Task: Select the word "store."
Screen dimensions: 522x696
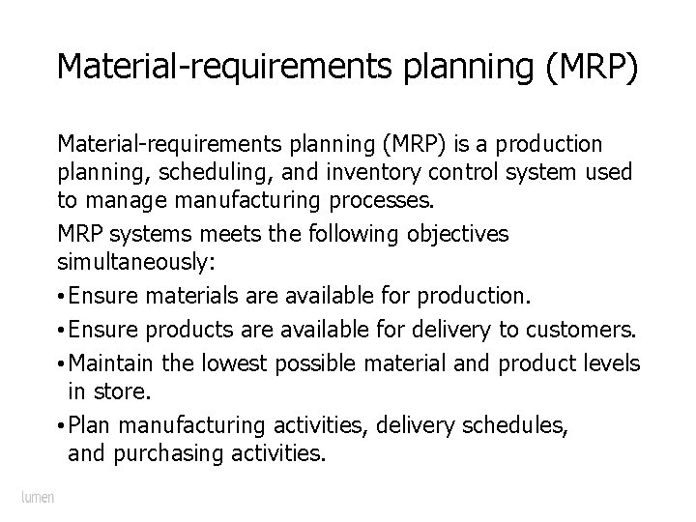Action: coord(125,391)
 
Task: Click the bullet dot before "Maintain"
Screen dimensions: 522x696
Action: coord(61,362)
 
